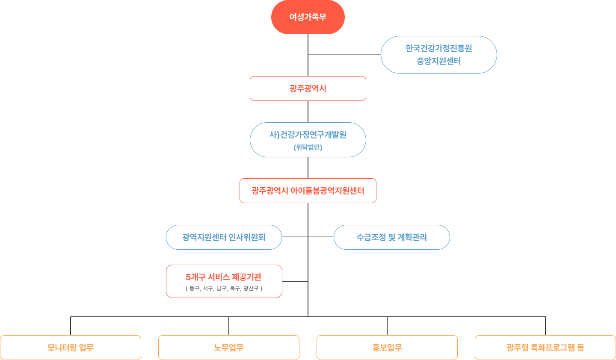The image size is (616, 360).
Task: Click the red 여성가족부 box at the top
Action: point(308,17)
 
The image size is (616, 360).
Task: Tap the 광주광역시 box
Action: point(308,89)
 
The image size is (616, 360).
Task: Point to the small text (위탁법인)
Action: point(308,148)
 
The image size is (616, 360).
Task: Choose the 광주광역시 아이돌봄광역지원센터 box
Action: point(308,191)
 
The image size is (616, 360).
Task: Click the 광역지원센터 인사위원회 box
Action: point(224,237)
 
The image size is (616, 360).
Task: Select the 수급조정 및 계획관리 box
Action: point(391,237)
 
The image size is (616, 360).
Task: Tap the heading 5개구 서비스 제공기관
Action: point(224,277)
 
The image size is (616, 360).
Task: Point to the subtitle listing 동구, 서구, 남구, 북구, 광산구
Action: point(224,289)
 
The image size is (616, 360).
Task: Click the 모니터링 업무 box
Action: point(71,348)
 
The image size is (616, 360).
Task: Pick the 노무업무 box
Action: point(229,348)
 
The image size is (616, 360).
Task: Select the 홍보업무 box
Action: point(387,348)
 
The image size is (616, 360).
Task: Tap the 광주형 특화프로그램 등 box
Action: point(545,348)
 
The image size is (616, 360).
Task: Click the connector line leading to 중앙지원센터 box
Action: point(344,55)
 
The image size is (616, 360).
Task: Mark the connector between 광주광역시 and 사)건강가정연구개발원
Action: point(308,112)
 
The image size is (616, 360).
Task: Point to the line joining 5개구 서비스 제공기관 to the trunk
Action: point(295,281)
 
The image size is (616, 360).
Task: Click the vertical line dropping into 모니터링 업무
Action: point(71,326)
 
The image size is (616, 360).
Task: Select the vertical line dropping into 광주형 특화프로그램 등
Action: point(545,326)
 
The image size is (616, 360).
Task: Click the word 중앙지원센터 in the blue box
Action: point(438,62)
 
